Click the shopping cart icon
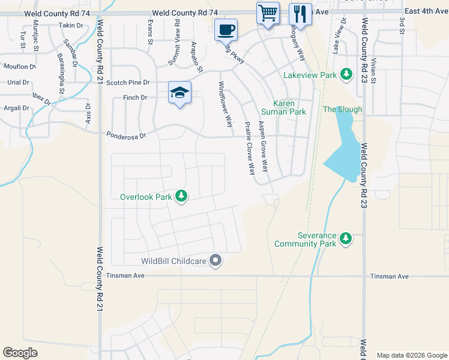tap(268, 13)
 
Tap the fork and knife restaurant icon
tap(300, 14)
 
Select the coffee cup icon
tap(226, 29)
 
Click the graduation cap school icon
tap(179, 92)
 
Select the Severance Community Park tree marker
tap(345, 238)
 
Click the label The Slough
tap(343, 109)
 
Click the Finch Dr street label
tap(135, 97)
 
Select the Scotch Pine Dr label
tap(127, 83)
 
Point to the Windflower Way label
tap(226, 104)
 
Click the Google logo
tap(20, 353)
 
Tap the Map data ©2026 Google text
tap(412, 355)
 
